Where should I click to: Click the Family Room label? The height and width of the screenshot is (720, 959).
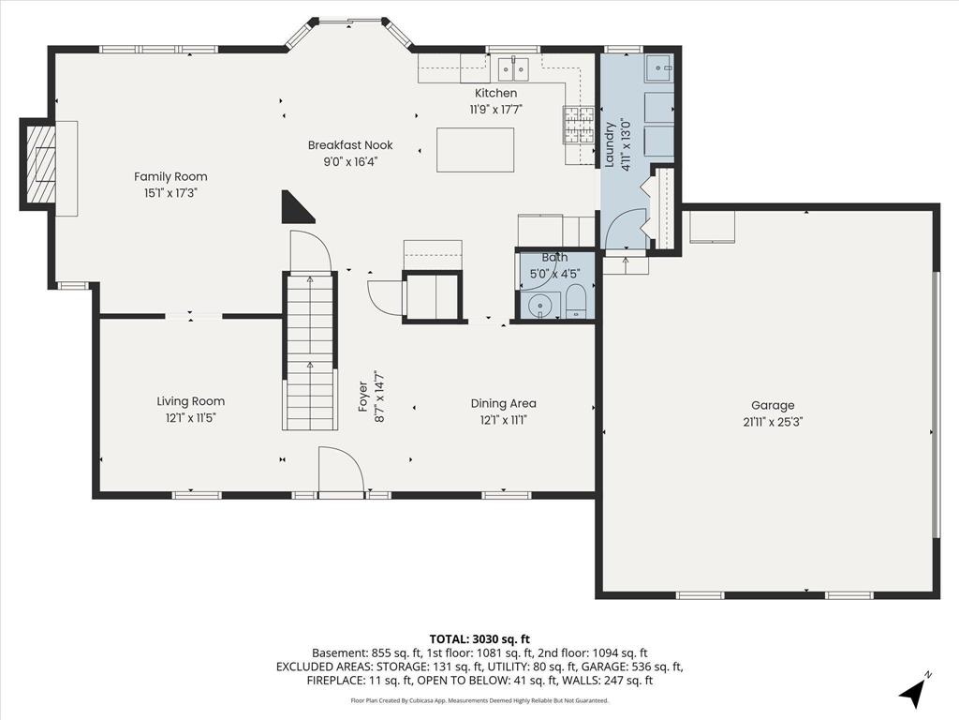170,177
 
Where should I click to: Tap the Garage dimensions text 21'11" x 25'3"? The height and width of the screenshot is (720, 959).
773,422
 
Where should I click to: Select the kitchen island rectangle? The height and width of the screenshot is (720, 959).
475,150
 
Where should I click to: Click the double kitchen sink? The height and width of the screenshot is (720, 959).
513,69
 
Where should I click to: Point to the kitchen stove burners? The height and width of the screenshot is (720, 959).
579,126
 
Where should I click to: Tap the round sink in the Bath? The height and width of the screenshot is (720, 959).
540,305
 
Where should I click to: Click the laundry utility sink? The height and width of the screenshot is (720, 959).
658,67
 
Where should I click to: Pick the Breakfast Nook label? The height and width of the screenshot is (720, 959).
350,145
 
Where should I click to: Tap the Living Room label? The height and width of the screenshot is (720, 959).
191,401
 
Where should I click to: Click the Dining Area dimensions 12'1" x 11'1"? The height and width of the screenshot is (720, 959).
503,420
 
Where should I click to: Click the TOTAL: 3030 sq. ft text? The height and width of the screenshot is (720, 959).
479,639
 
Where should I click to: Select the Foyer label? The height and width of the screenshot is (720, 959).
362,396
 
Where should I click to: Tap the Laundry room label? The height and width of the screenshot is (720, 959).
609,144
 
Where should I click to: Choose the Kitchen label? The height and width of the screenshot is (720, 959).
496,93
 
